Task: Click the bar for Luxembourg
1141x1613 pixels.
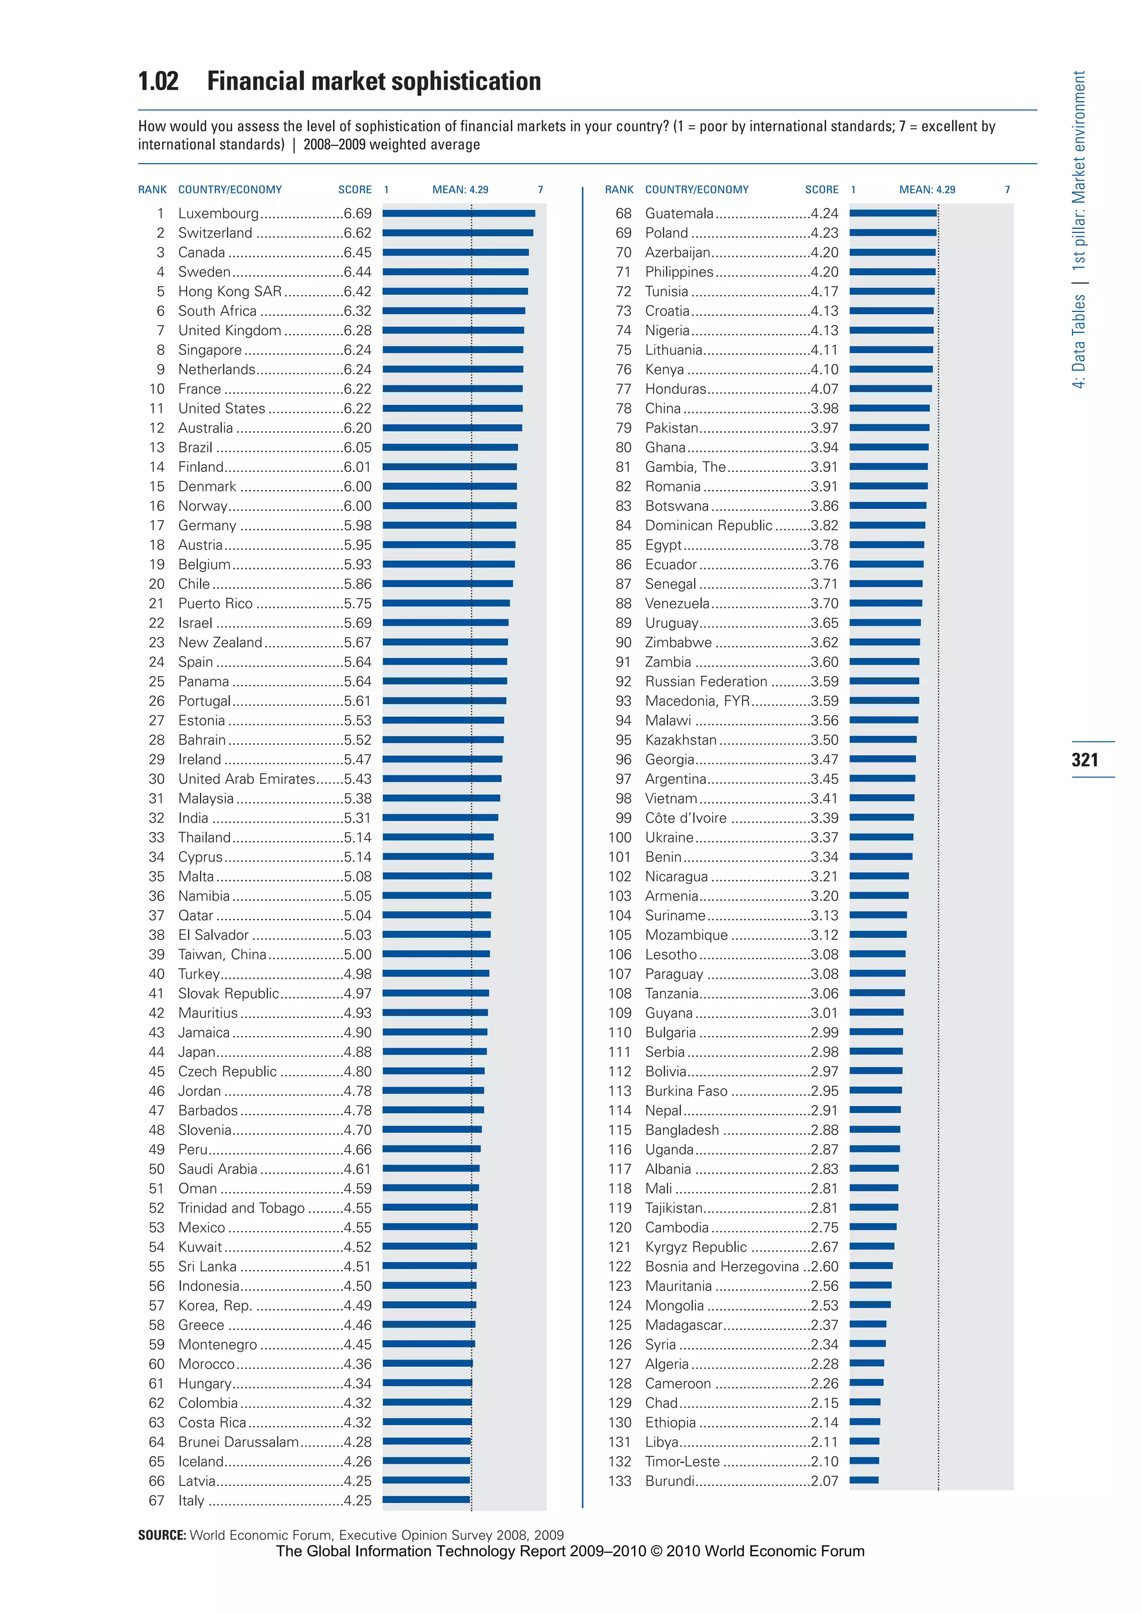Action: [x=458, y=213]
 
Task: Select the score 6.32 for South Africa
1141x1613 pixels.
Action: [x=358, y=311]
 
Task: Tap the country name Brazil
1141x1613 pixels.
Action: [x=196, y=447]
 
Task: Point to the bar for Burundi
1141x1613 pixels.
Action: [x=864, y=1481]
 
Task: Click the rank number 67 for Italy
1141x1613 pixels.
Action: [x=156, y=1500]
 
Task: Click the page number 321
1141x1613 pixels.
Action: [x=1085, y=759]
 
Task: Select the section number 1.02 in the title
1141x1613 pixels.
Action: [x=158, y=81]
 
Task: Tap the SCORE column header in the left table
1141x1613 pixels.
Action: [x=355, y=190]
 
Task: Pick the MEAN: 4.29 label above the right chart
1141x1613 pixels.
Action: [x=927, y=190]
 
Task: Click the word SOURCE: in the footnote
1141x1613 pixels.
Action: [x=162, y=1535]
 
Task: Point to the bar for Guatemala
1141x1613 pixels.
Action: [x=893, y=213]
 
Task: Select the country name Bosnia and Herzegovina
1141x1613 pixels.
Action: [x=721, y=1267]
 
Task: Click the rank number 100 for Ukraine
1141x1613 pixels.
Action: [x=620, y=837]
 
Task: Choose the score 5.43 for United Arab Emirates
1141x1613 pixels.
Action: [x=358, y=779]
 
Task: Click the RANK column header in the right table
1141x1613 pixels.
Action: [x=619, y=190]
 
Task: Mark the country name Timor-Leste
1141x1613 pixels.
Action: [x=682, y=1462]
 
